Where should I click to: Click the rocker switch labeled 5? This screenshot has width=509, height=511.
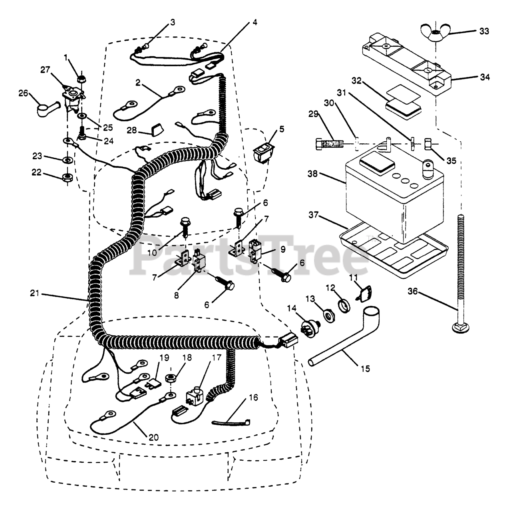264,153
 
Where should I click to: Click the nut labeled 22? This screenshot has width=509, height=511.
67,176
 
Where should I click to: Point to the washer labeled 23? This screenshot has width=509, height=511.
68,160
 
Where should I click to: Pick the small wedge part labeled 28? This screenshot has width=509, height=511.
157,129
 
